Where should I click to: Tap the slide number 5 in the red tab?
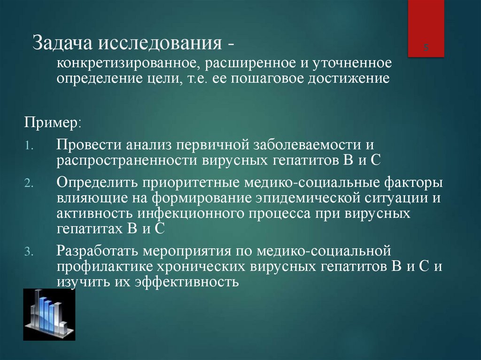(426, 47)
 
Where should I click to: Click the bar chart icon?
(49, 314)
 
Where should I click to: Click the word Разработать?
(97, 251)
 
